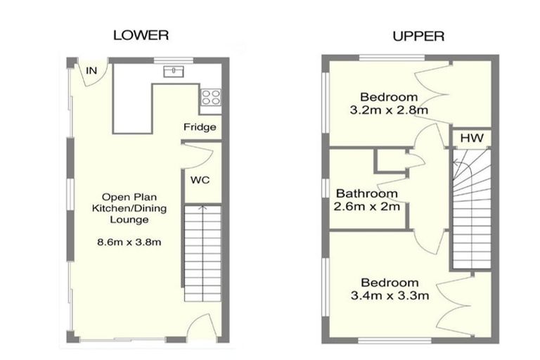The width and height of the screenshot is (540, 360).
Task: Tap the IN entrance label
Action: tap(91, 70)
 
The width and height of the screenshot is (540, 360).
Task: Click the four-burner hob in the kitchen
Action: tap(210, 98)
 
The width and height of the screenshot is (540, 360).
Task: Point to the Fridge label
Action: tap(200, 127)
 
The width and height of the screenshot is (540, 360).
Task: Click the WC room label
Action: tap(200, 179)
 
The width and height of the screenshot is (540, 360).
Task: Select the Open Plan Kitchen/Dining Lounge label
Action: tap(124, 208)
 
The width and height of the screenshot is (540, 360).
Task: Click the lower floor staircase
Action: tap(202, 253)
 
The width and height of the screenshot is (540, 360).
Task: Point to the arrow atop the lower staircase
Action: tap(202, 209)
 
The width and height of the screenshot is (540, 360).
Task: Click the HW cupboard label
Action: tap(471, 139)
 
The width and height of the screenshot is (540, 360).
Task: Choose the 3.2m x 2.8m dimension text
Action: tap(389, 110)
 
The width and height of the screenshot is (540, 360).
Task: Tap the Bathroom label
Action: tap(366, 193)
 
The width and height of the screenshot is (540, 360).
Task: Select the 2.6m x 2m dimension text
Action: tap(367, 207)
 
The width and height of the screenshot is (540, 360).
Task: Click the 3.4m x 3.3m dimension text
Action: tap(389, 295)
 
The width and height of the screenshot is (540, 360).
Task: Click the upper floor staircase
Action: tap(470, 211)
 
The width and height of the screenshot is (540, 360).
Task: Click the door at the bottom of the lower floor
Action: tap(202, 327)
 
